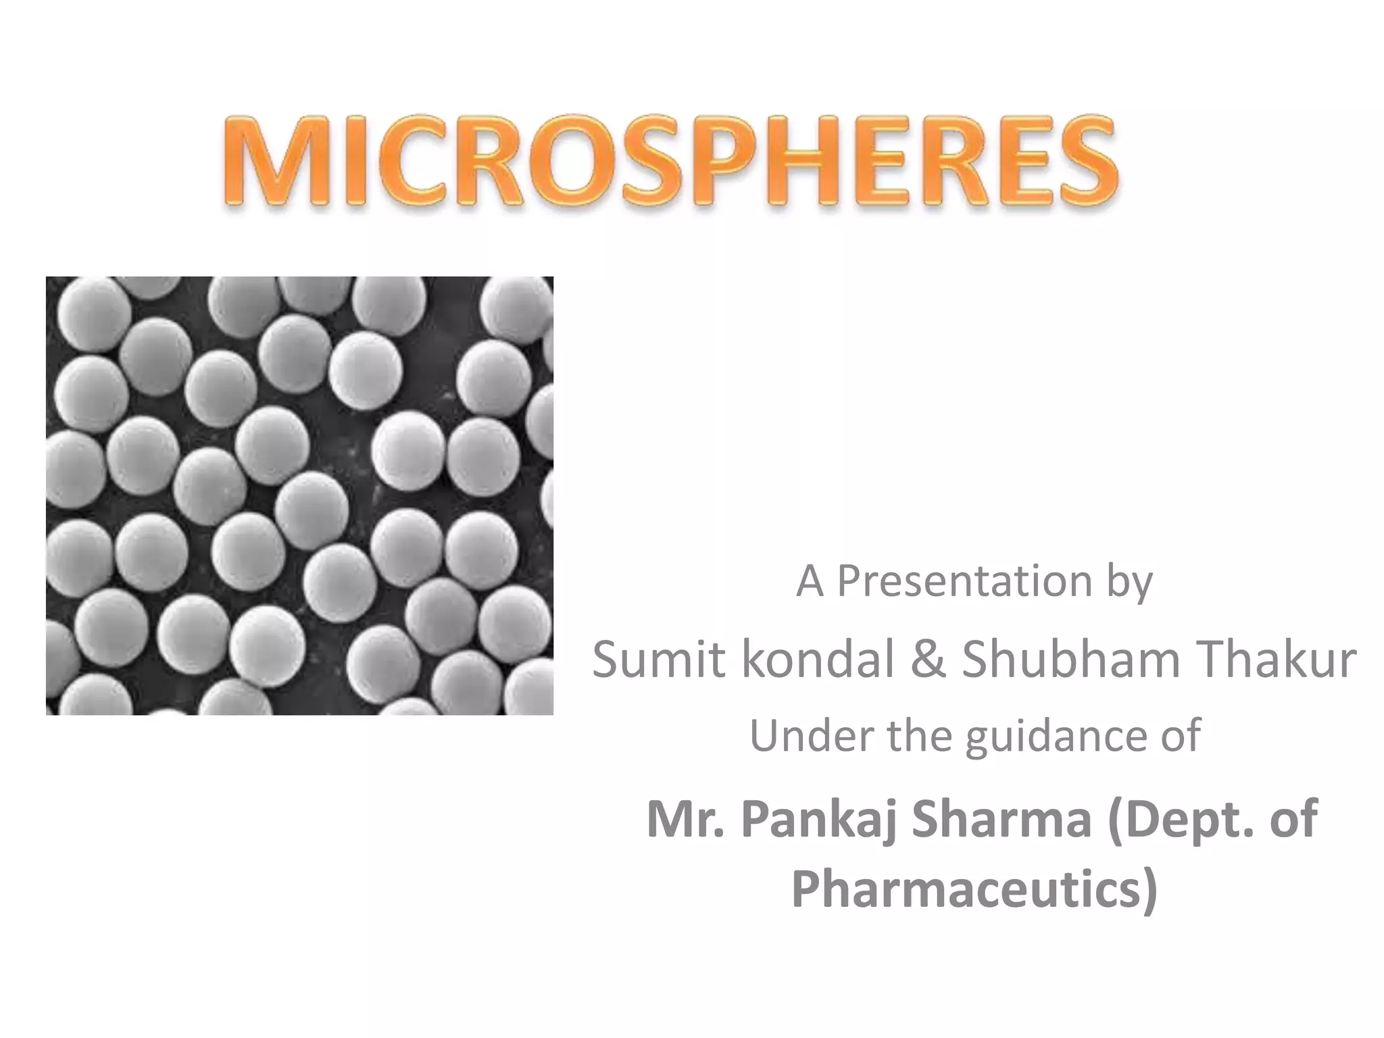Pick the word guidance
point(1052,737)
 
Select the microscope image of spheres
point(299,495)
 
